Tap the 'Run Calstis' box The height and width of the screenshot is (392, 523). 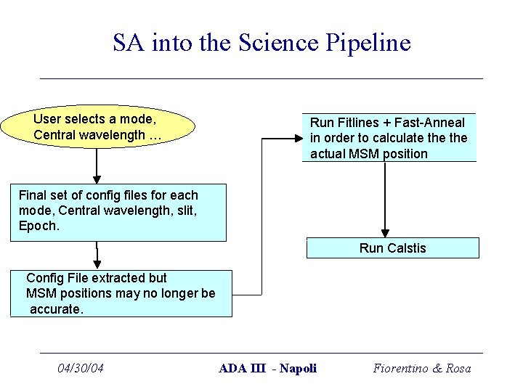tap(392, 248)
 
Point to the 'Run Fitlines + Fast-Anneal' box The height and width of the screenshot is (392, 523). tap(389, 138)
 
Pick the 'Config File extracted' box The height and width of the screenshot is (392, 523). tap(121, 293)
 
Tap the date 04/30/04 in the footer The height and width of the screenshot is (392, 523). tap(81, 369)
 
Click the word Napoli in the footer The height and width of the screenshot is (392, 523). tap(299, 369)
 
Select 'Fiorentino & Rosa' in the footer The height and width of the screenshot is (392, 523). tap(422, 369)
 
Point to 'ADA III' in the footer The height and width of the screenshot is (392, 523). tap(243, 369)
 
